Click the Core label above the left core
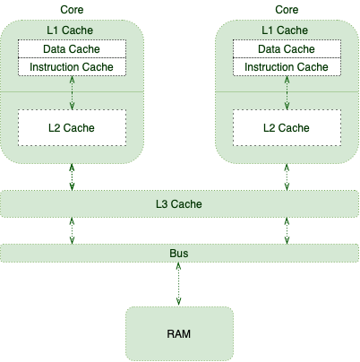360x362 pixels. pyautogui.click(x=72, y=10)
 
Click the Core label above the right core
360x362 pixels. pyautogui.click(x=287, y=10)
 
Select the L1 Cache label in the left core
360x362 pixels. pyautogui.click(x=70, y=30)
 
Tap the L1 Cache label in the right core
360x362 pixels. pyautogui.click(x=285, y=30)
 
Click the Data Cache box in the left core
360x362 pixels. pyautogui.click(x=72, y=48)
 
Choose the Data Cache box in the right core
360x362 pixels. pyautogui.click(x=287, y=48)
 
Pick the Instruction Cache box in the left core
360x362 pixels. pyautogui.click(x=72, y=66)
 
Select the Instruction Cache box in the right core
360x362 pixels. pyautogui.click(x=287, y=66)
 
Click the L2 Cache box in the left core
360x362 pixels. pyautogui.click(x=72, y=128)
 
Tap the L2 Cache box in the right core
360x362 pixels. pyautogui.click(x=287, y=128)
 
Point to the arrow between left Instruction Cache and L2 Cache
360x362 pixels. pyautogui.click(x=72, y=92)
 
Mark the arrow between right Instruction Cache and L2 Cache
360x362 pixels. pyautogui.click(x=287, y=92)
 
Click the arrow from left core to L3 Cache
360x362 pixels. pyautogui.click(x=72, y=177)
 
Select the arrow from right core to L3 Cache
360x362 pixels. pyautogui.click(x=287, y=177)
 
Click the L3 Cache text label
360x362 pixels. pyautogui.click(x=179, y=204)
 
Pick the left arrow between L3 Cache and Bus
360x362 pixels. pyautogui.click(x=72, y=230)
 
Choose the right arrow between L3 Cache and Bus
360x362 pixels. pyautogui.click(x=287, y=230)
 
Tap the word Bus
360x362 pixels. pyautogui.click(x=179, y=254)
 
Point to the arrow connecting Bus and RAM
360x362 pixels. pyautogui.click(x=178, y=284)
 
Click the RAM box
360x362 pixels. pyautogui.click(x=179, y=333)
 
